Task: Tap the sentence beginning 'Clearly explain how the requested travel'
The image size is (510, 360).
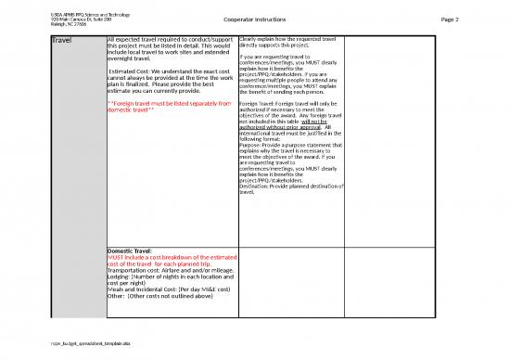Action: (287, 42)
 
